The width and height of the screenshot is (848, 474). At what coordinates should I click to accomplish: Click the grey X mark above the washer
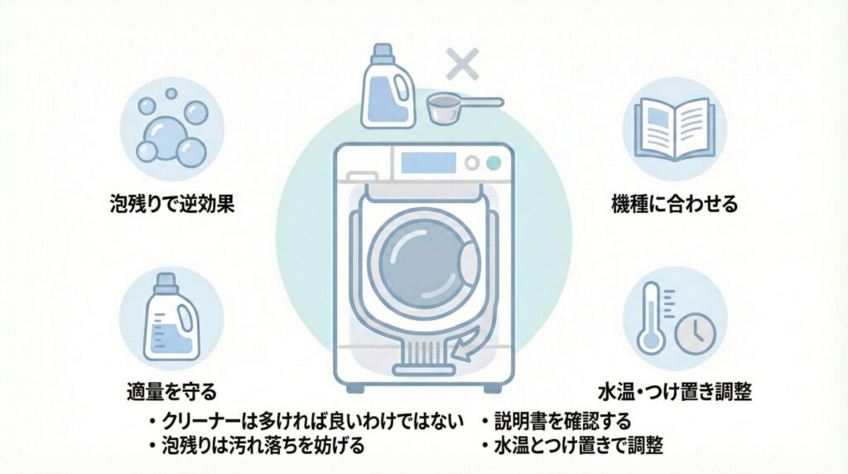click(x=462, y=64)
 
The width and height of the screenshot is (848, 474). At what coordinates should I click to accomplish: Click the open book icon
click(x=674, y=125)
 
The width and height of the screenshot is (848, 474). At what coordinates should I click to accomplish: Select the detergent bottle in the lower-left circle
click(x=170, y=318)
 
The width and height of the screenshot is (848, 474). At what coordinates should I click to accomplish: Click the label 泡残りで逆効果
click(x=172, y=203)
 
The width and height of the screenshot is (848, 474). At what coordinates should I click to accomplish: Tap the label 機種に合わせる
click(x=674, y=204)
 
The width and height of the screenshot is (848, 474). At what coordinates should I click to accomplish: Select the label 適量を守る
click(x=172, y=390)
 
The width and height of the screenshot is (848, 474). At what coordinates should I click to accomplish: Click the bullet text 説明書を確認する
click(x=562, y=420)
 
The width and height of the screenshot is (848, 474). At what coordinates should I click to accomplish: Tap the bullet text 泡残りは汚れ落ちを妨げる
click(x=263, y=446)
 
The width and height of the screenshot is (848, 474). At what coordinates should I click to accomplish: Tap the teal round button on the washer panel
click(x=494, y=162)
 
